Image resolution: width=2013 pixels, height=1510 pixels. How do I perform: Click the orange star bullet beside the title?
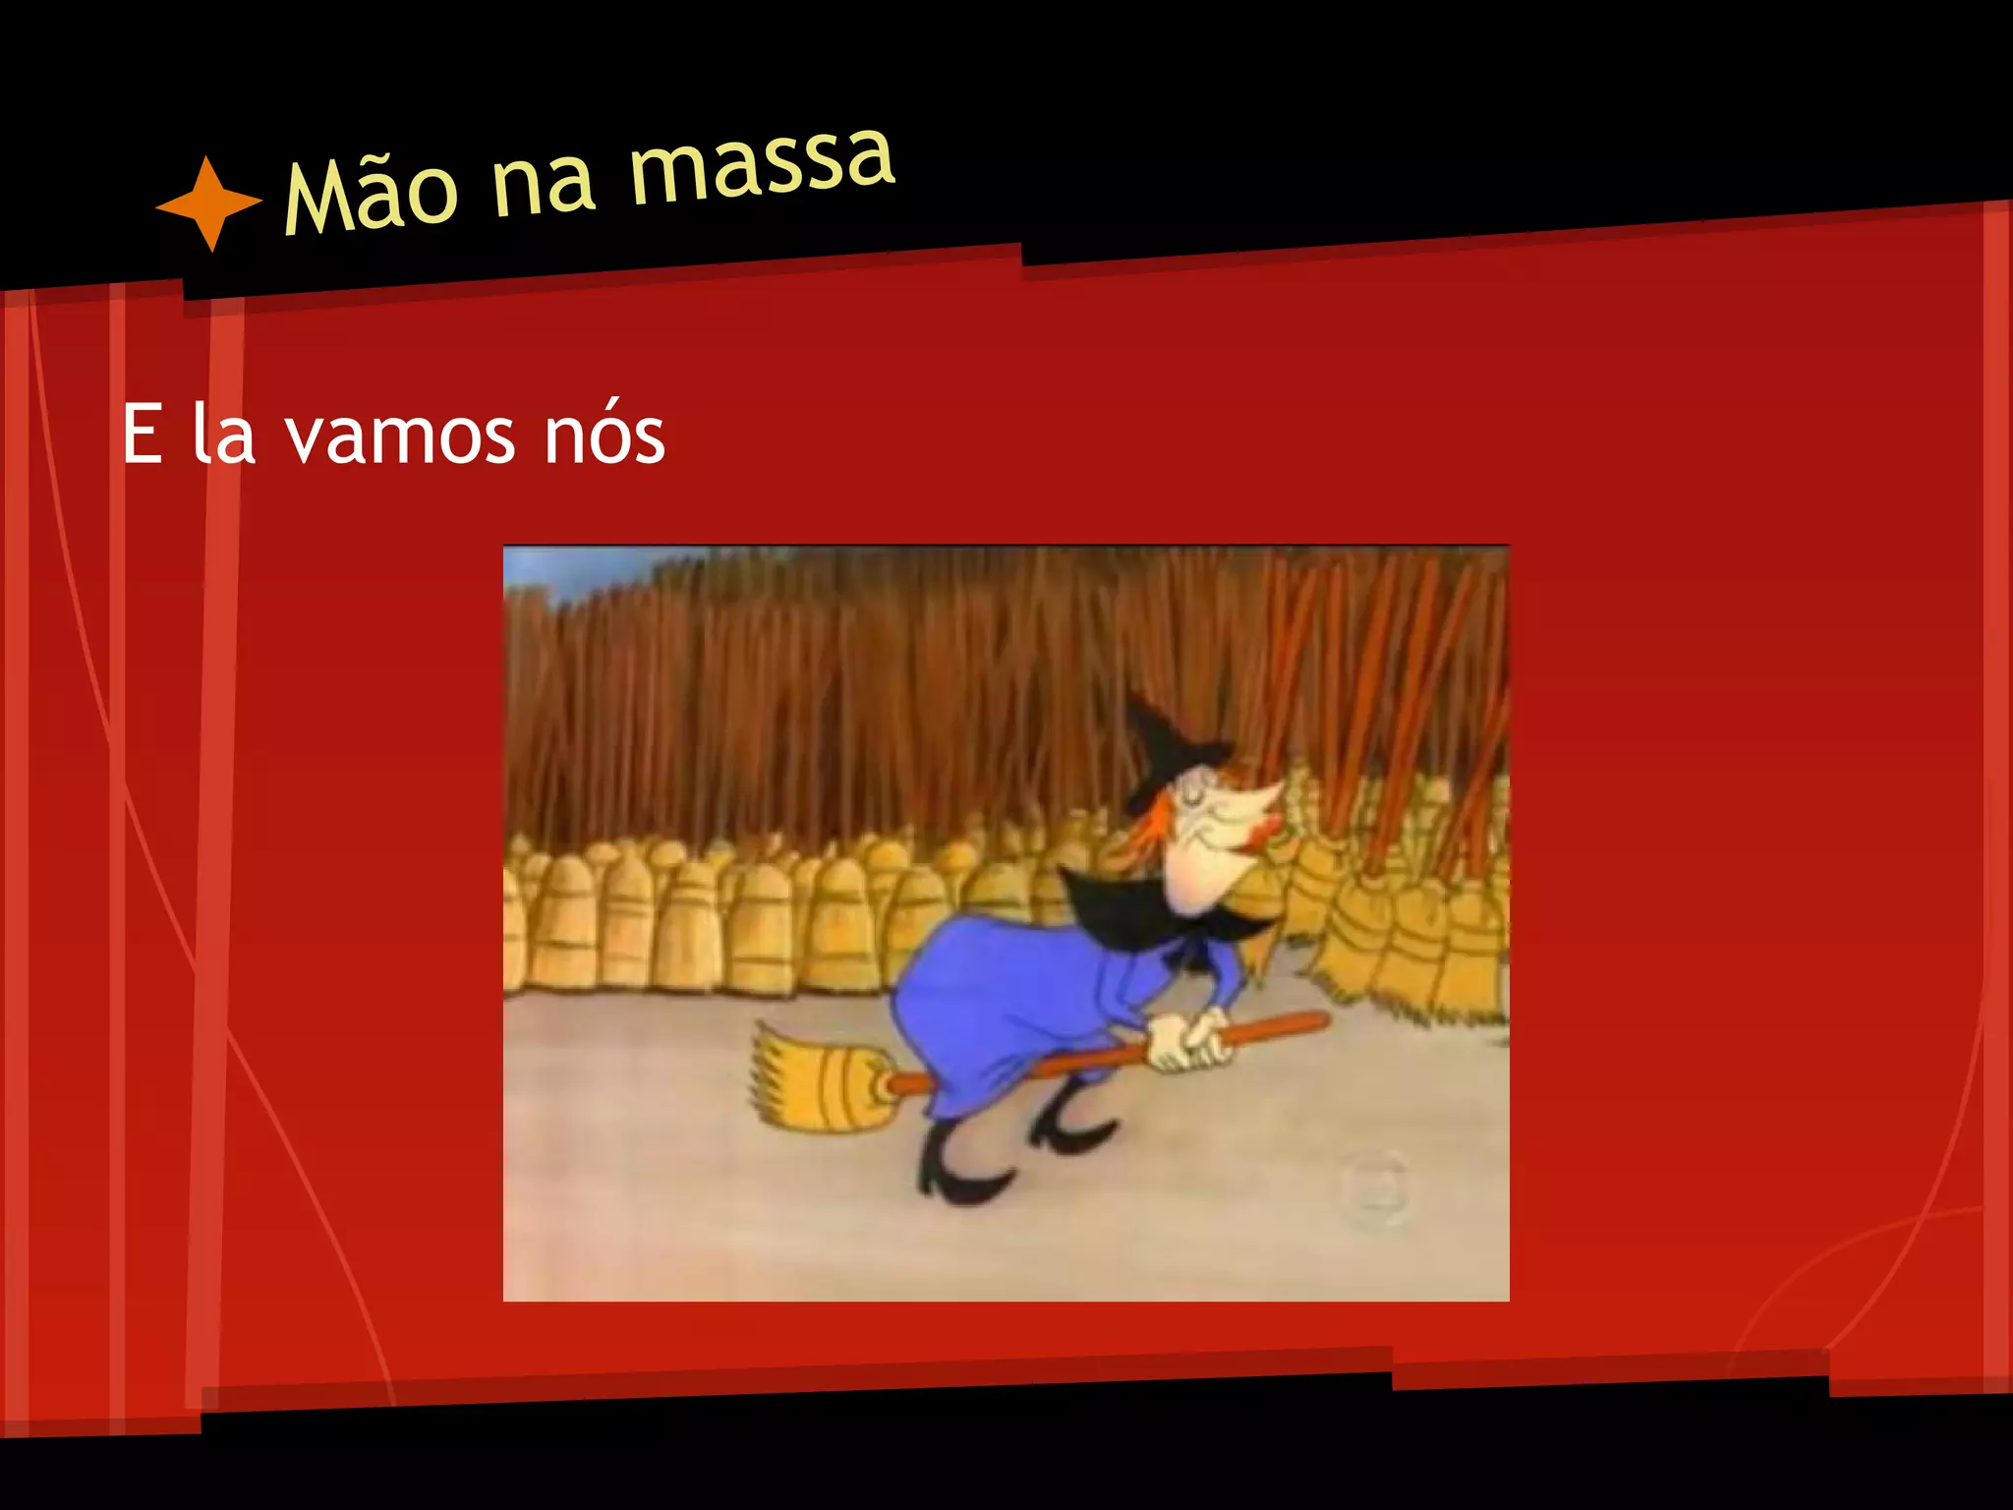coord(208,203)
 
